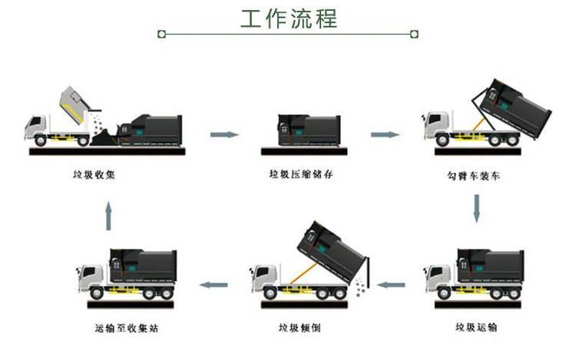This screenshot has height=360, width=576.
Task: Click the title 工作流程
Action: pyautogui.click(x=289, y=18)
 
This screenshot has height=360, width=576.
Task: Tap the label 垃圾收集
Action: pyautogui.click(x=94, y=175)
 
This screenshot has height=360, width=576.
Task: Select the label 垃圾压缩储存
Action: pyautogui.click(x=301, y=174)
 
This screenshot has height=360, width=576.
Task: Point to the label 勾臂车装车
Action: pyautogui.click(x=474, y=176)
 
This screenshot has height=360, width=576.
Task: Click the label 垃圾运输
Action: pyautogui.click(x=476, y=327)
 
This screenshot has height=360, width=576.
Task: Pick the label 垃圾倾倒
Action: pyautogui.click(x=300, y=327)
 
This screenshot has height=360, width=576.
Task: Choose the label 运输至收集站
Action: pyautogui.click(x=127, y=328)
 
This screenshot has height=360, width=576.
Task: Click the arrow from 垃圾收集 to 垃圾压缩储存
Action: pyautogui.click(x=224, y=134)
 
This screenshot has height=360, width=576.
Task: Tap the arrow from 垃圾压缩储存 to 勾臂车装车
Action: pyautogui.click(x=385, y=134)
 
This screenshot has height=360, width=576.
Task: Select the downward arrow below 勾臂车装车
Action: pyautogui.click(x=476, y=209)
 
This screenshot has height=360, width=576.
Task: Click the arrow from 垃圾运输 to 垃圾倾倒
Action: pyautogui.click(x=391, y=285)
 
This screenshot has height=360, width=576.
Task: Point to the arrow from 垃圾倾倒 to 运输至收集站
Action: pyautogui.click(x=214, y=285)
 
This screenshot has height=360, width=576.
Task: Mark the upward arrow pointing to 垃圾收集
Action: pyautogui.click(x=108, y=216)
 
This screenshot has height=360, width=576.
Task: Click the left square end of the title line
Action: pyautogui.click(x=161, y=34)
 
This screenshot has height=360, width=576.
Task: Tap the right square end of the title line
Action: pyautogui.click(x=414, y=34)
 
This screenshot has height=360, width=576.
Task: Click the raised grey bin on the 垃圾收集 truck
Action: pyautogui.click(x=75, y=104)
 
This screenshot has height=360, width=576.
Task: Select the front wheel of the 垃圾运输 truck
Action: pyautogui.click(x=443, y=293)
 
